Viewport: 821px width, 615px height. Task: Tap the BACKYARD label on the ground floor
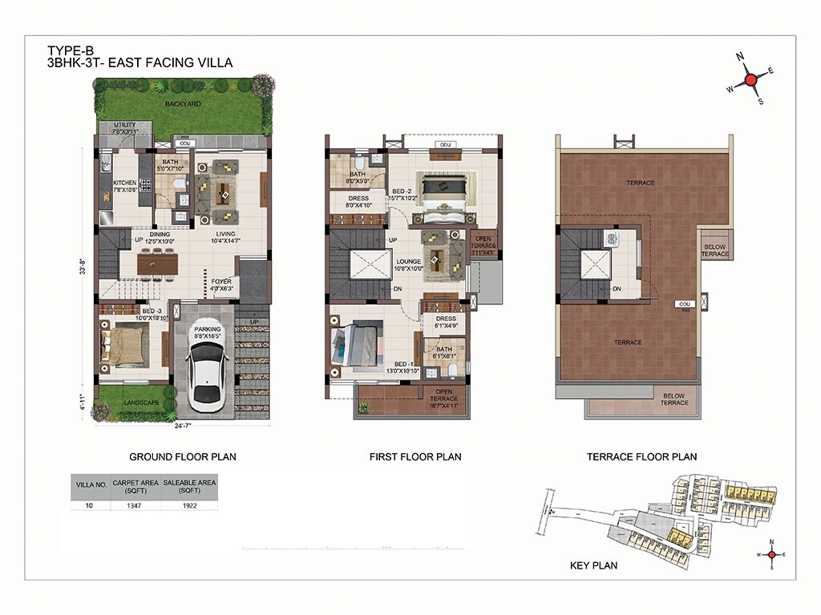tap(183, 104)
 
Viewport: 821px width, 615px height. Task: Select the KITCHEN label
tap(125, 182)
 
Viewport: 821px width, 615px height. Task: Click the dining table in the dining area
tap(156, 262)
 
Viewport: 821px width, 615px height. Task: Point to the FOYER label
tap(221, 282)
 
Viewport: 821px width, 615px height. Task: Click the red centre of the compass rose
tap(750, 79)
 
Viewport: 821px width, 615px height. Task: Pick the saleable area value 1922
tap(189, 505)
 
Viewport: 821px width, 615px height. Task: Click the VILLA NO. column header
tap(91, 484)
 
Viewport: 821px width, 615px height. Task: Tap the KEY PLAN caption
tap(593, 565)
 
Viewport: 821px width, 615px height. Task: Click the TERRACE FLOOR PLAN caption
tap(641, 456)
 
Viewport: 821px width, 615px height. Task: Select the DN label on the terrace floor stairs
tap(617, 289)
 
